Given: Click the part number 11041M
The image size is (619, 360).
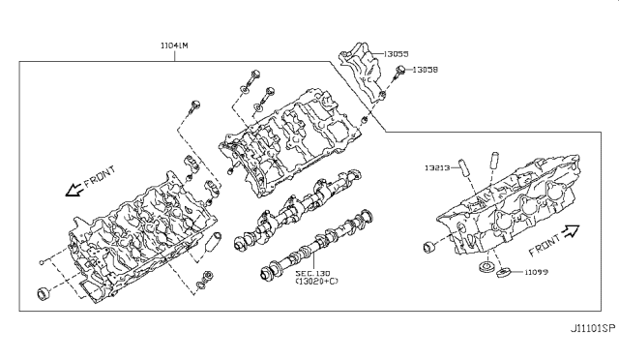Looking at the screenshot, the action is tap(174, 45).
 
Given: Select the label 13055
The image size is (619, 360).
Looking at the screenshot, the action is tap(396, 54).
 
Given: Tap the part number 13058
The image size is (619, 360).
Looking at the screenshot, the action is tap(426, 70).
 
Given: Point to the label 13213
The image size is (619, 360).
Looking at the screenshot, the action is tap(437, 167).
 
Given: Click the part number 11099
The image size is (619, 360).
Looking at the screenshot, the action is tap(536, 272).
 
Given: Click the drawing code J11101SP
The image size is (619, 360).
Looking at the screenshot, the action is tap(593, 328).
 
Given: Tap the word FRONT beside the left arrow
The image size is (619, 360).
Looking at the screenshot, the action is tap(100, 176).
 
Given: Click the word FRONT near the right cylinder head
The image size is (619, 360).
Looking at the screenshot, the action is tap(545, 245).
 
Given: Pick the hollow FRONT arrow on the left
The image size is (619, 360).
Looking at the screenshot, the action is tap(74, 190).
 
